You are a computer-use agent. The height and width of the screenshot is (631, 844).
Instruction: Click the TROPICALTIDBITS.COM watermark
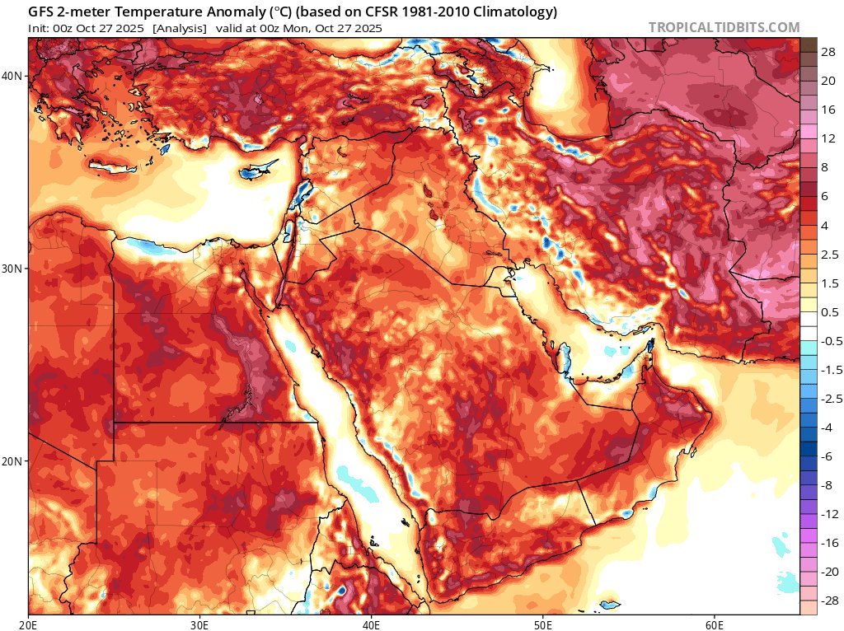tap(724, 27)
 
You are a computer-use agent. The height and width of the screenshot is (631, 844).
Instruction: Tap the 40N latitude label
tap(13, 76)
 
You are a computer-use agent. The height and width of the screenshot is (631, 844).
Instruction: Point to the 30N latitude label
tap(13, 269)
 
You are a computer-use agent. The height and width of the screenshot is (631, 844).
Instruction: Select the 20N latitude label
tap(13, 461)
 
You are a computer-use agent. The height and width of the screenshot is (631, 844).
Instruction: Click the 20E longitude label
tap(29, 624)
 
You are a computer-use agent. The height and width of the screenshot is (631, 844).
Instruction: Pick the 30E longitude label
tap(200, 624)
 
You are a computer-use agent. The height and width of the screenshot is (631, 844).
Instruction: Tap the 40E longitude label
tap(371, 624)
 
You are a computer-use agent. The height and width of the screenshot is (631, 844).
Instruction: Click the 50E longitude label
tap(542, 624)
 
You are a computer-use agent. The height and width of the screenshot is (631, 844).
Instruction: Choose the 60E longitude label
tap(714, 624)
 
